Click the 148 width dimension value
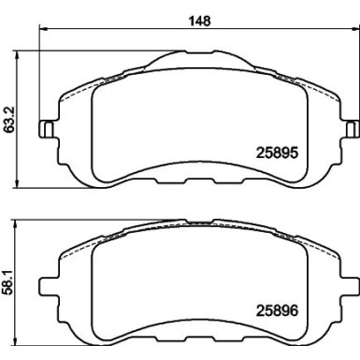pos(200,21)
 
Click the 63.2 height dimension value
pos(9,120)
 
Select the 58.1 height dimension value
pos(9,282)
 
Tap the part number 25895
pos(277,152)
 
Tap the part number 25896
pos(277,310)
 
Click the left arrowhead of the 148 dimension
pos(43,29)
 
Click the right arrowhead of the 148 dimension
pos(355,29)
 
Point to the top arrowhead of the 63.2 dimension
pos(17,54)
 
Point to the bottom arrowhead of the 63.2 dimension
pos(17,184)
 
